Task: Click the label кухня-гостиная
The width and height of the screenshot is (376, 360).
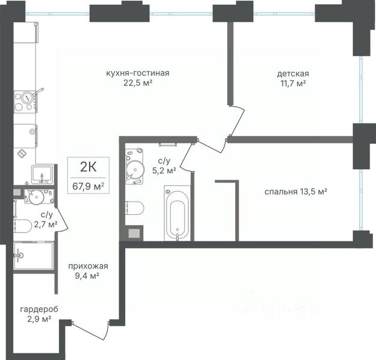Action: click(138, 73)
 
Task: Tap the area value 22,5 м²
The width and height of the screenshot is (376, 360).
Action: click(138, 83)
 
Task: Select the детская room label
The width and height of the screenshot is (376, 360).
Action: click(293, 73)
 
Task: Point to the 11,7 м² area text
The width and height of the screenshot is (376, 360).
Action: click(293, 83)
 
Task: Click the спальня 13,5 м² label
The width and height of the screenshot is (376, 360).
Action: click(296, 191)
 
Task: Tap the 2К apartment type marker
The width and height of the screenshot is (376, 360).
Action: click(88, 167)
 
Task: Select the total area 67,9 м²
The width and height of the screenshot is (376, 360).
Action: click(88, 186)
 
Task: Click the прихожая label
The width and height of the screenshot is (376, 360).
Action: click(88, 266)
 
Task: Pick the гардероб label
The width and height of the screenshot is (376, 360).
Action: click(39, 309)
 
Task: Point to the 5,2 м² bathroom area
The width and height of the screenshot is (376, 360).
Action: click(164, 171)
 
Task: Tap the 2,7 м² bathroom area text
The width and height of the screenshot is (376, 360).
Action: click(46, 225)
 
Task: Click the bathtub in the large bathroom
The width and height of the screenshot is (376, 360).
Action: click(177, 213)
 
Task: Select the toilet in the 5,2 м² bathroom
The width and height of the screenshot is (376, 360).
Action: click(135, 208)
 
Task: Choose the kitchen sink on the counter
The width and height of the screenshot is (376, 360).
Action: click(42, 175)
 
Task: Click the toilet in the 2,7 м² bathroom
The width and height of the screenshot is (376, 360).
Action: click(22, 226)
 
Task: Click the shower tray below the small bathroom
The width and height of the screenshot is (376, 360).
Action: click(33, 255)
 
